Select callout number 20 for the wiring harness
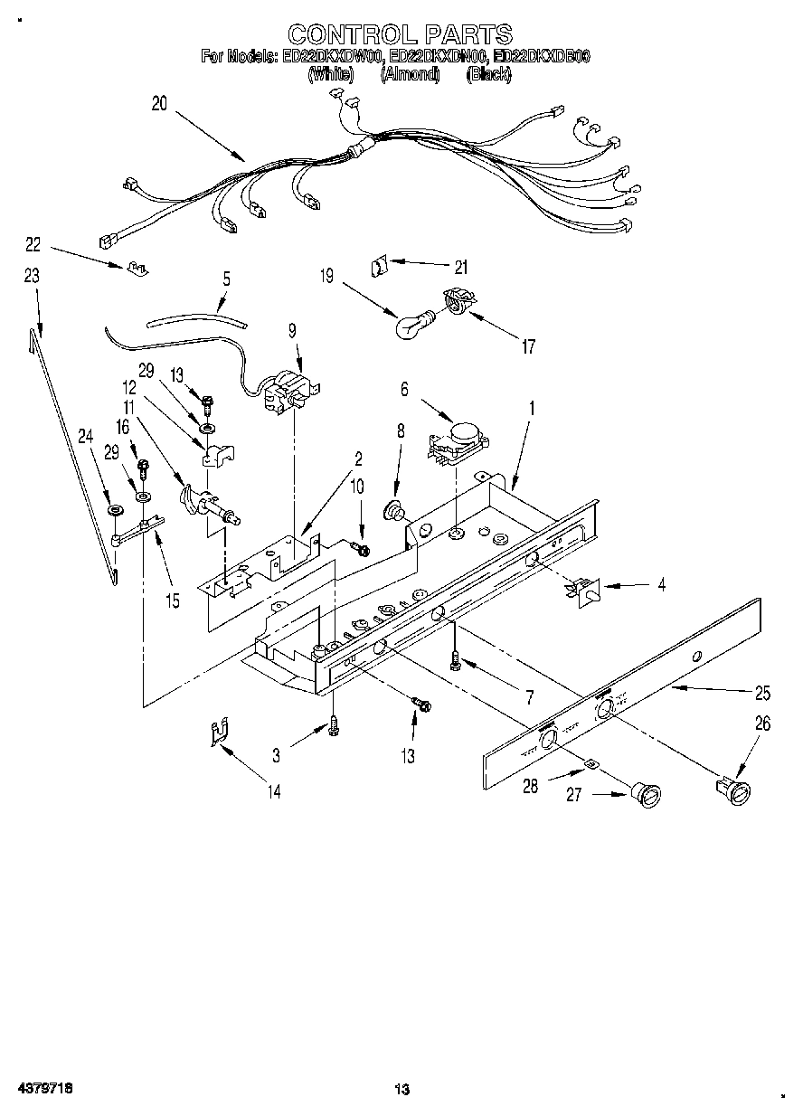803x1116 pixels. tap(159, 104)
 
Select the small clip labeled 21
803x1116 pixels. tap(379, 266)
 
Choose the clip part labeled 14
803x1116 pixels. tap(216, 731)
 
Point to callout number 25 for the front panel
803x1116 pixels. tap(762, 694)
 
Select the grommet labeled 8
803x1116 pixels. tap(395, 512)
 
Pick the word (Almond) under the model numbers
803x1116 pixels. tap(410, 75)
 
